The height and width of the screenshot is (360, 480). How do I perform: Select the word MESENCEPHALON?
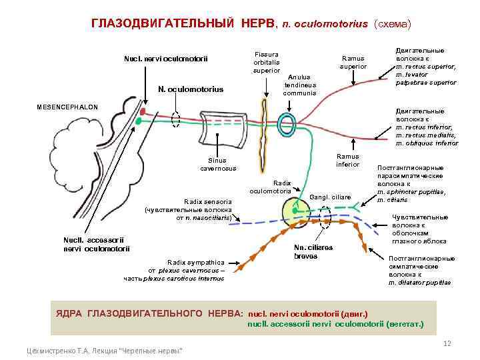tap(67, 107)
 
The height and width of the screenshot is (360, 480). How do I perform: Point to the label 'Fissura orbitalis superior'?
tap(266, 62)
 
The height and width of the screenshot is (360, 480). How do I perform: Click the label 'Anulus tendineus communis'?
tap(299, 84)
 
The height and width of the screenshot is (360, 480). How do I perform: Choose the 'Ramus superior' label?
tap(353, 62)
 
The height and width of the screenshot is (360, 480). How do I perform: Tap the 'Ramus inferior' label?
tap(347, 160)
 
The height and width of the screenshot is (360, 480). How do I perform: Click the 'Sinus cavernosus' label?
tap(218, 164)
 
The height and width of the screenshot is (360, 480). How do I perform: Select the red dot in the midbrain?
tap(141, 112)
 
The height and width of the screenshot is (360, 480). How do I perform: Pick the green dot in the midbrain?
tap(139, 122)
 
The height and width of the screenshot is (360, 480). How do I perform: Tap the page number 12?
tap(447, 343)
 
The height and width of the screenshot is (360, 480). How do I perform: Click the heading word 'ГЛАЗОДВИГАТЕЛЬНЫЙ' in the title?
tap(163, 24)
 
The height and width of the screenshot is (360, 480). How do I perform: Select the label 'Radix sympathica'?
tap(196, 262)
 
